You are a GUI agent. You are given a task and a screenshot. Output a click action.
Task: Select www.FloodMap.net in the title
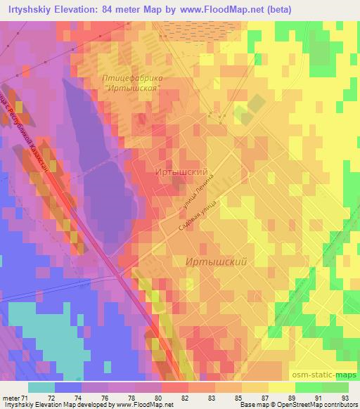(224, 9)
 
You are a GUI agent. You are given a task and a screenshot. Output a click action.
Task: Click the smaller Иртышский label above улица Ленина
(181, 171)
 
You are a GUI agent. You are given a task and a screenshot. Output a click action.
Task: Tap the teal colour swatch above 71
(41, 387)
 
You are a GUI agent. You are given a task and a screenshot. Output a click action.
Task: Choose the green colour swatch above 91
(309, 387)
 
